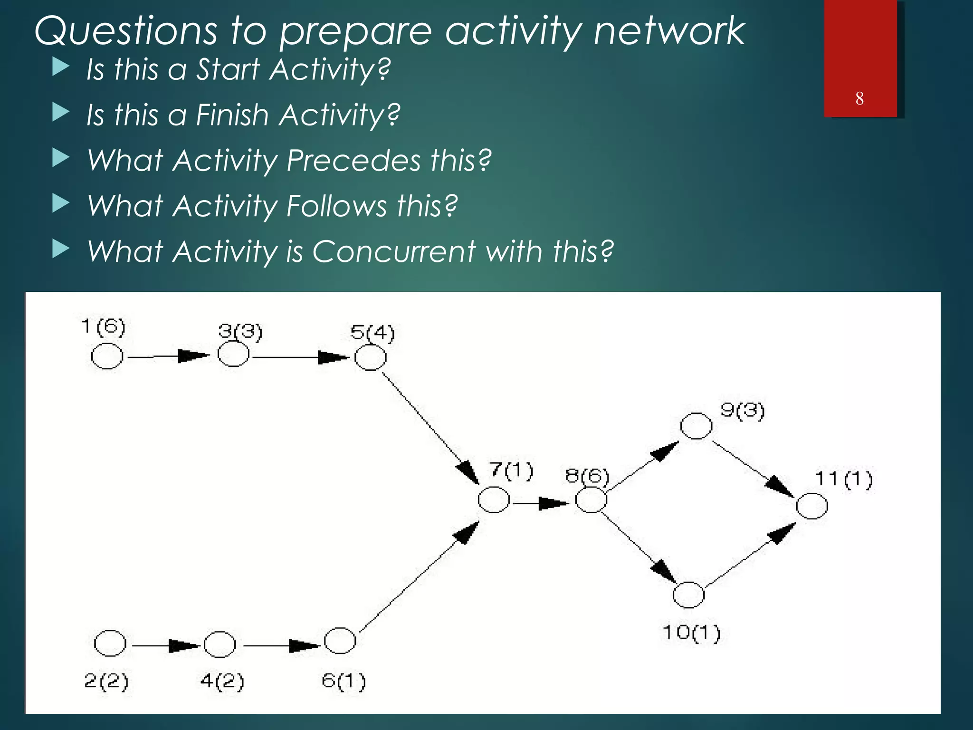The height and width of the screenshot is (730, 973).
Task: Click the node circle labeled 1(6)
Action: (107, 356)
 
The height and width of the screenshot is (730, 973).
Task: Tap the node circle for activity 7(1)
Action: (494, 500)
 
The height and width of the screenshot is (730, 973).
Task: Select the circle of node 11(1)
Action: (812, 506)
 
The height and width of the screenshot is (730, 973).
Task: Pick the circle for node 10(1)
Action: (688, 595)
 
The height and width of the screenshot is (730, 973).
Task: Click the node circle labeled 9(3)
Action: (696, 425)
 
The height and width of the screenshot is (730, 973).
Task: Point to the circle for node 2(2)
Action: (110, 644)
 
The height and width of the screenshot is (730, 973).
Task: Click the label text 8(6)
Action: (587, 476)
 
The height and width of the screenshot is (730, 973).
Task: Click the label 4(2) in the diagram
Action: (222, 681)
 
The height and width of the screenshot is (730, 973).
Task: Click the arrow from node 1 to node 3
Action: (169, 356)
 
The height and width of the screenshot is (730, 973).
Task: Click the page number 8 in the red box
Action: (859, 98)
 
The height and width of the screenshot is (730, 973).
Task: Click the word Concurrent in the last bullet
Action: (393, 251)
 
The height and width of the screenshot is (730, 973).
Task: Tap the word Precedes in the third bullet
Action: (353, 160)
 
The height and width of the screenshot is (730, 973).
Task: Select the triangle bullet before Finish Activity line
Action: (60, 113)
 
